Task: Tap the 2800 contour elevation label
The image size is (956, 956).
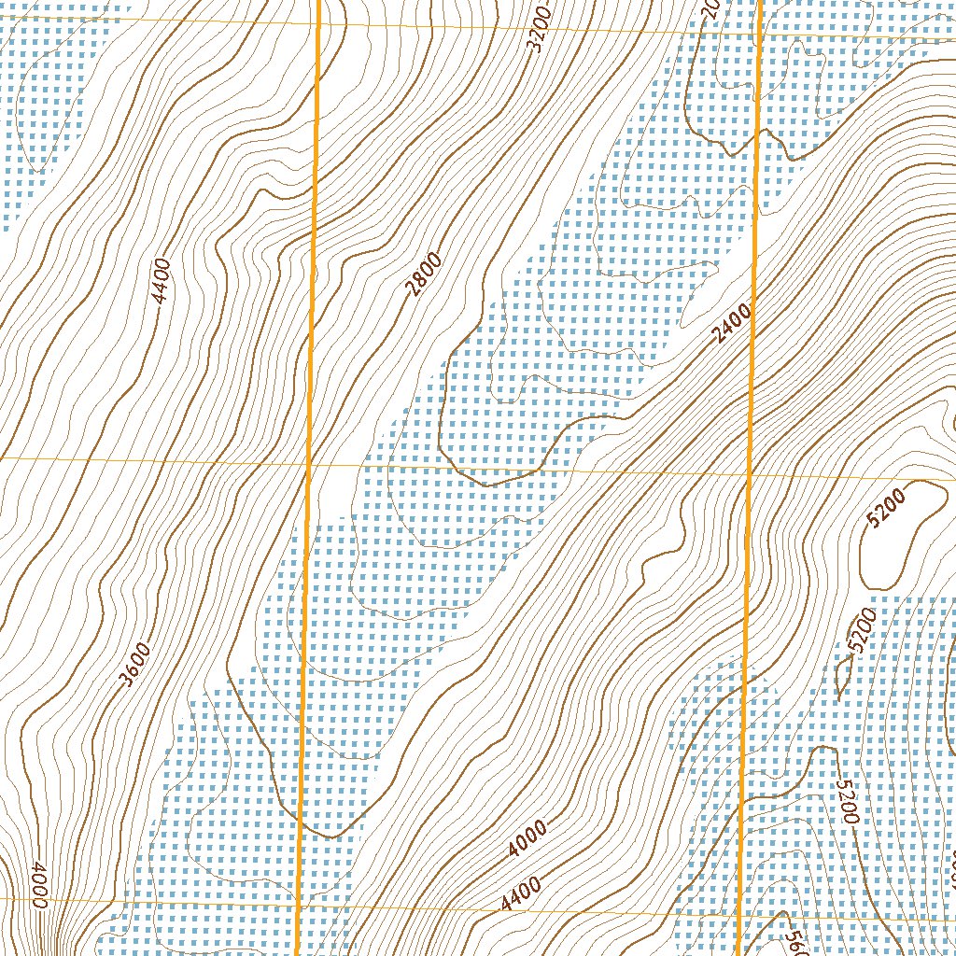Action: point(424,275)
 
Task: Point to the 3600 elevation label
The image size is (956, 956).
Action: point(135,663)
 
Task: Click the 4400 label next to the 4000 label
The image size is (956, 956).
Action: point(521,893)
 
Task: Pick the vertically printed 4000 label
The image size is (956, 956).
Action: point(37,881)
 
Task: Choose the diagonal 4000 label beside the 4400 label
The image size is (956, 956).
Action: point(528,839)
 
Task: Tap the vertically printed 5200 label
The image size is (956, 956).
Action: point(847,801)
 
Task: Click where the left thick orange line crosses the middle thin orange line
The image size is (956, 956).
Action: point(310,461)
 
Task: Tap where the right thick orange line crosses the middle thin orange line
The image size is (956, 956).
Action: point(751,474)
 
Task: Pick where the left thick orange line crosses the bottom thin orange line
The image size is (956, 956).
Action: point(299,902)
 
